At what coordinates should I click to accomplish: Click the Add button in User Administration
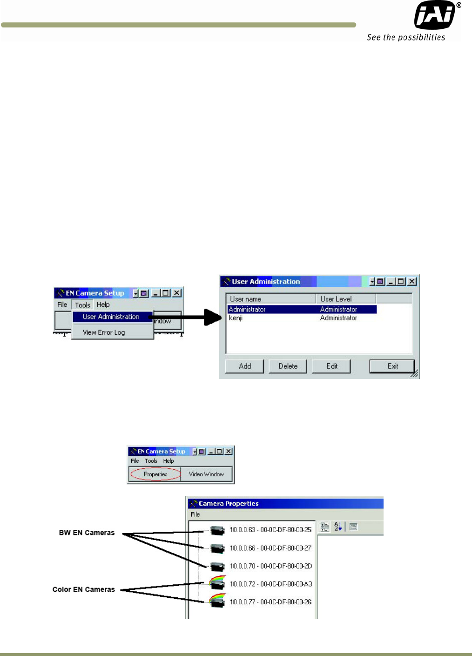click(244, 366)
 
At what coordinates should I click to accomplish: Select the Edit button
click(331, 366)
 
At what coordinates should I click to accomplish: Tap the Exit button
click(392, 366)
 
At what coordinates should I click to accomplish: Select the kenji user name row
click(236, 318)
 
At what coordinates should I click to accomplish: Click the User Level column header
click(336, 299)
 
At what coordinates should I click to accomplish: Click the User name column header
click(246, 299)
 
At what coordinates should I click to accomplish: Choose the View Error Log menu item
click(104, 332)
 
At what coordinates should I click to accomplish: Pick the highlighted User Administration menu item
click(111, 317)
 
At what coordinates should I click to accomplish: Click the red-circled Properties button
click(155, 474)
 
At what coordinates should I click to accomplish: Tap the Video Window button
click(206, 474)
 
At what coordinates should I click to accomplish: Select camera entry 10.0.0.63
click(270, 530)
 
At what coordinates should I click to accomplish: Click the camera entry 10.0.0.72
click(270, 584)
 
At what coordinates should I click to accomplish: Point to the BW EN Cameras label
click(87, 533)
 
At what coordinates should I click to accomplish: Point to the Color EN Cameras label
click(84, 589)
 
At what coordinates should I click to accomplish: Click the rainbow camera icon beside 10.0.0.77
click(217, 600)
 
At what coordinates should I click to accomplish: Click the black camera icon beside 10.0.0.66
click(217, 548)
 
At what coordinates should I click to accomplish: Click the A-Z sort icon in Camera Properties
click(338, 527)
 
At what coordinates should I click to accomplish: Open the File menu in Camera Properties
click(195, 514)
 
